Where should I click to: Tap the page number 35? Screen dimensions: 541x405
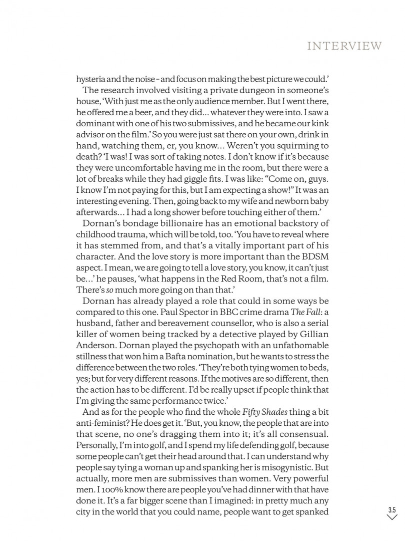tap(391, 510)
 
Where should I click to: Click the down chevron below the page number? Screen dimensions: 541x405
tap(391, 517)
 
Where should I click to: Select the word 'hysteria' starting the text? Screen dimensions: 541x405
tap(89, 79)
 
